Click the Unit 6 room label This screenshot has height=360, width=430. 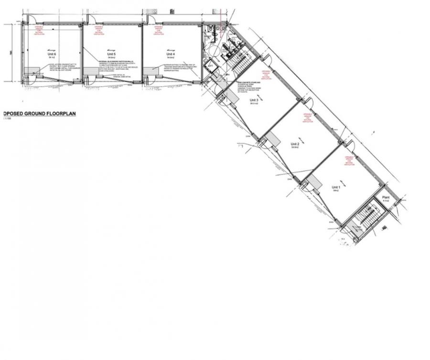51,55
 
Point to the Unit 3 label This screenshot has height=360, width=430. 254,100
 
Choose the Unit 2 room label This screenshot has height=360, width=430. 295,144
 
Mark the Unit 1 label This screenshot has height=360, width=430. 335,188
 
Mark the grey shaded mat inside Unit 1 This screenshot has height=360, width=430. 315,182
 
